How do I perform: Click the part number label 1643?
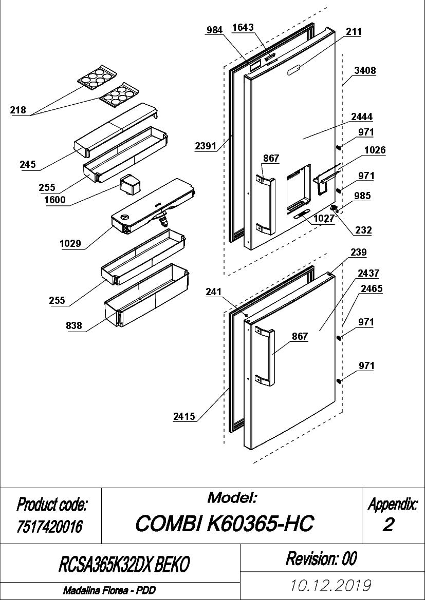pyautogui.click(x=243, y=28)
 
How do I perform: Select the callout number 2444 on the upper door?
pyautogui.click(x=361, y=117)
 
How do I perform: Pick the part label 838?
pyautogui.click(x=74, y=325)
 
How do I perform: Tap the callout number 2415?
pyautogui.click(x=184, y=416)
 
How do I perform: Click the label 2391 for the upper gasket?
pyautogui.click(x=205, y=146)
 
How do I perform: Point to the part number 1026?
pyautogui.click(x=375, y=150)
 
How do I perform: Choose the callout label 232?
pyautogui.click(x=363, y=230)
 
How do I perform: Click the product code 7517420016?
pyautogui.click(x=50, y=527)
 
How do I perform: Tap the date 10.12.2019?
pyautogui.click(x=331, y=586)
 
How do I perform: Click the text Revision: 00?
pyautogui.click(x=321, y=558)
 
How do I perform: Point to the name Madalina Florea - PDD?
pyautogui.click(x=109, y=591)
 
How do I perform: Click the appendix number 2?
pyautogui.click(x=388, y=526)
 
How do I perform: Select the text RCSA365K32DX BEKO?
pyautogui.click(x=124, y=564)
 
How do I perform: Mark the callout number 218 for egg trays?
pyautogui.click(x=18, y=110)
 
